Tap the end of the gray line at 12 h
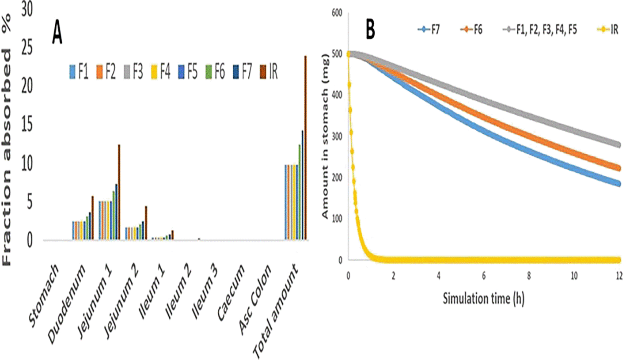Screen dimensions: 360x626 click(618, 145)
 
